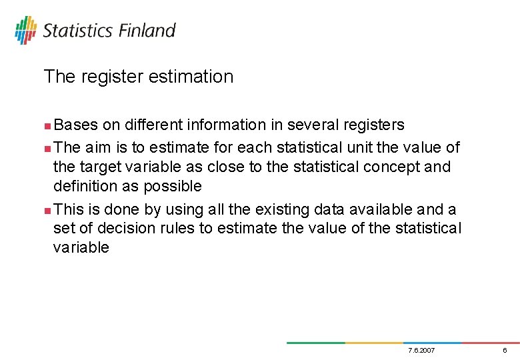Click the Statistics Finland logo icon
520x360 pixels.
click(x=25, y=30)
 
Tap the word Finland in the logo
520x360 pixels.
click(x=147, y=31)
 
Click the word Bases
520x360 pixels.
click(x=76, y=125)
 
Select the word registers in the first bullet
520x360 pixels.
click(x=369, y=125)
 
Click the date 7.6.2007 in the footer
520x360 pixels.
click(x=419, y=351)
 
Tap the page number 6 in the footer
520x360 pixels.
click(x=505, y=351)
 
